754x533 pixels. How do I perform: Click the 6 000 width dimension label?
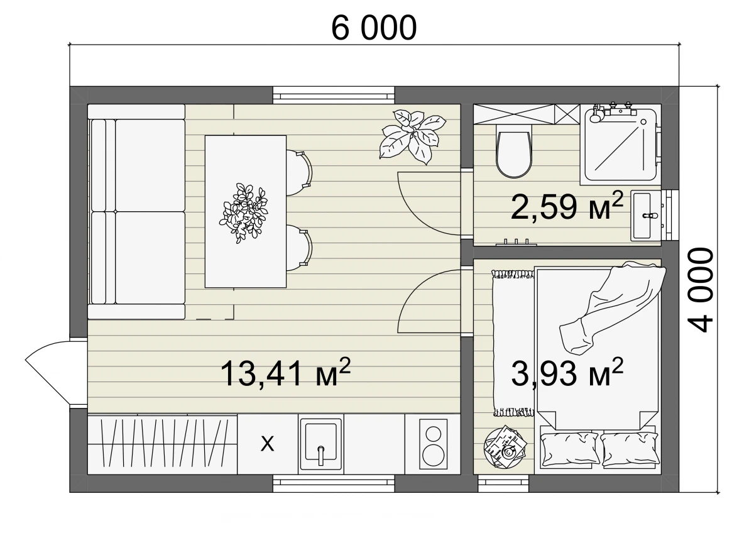(374, 28)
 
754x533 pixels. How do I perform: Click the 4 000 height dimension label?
(701, 290)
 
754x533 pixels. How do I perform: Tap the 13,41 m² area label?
(285, 373)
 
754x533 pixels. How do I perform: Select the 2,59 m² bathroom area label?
(567, 207)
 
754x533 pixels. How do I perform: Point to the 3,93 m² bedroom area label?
(567, 373)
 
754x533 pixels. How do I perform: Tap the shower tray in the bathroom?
(620, 145)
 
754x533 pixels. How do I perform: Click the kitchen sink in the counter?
(321, 444)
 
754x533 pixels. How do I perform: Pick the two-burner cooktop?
(433, 444)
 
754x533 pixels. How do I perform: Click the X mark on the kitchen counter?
(267, 444)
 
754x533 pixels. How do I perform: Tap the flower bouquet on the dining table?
(243, 213)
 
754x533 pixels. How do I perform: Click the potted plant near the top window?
(413, 136)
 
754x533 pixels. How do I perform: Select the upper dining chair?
(299, 173)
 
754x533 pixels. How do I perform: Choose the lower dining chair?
(299, 248)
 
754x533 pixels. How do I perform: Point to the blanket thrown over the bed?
(612, 307)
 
